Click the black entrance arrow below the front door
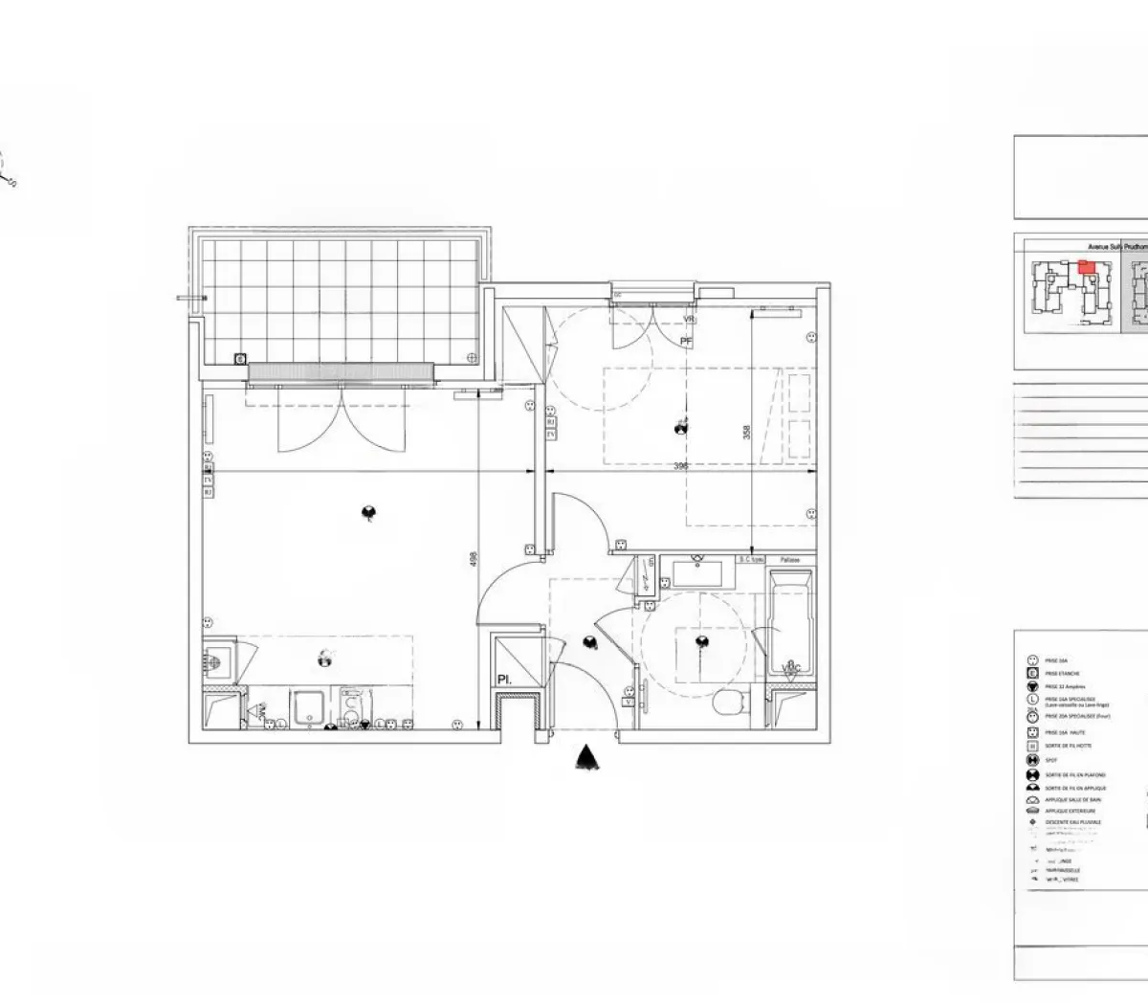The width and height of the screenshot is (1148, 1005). click(585, 758)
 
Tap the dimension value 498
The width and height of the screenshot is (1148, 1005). click(473, 560)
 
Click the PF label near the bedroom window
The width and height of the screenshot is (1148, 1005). click(686, 341)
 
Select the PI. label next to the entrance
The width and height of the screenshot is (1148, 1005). click(503, 681)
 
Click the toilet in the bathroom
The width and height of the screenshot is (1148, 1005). click(731, 703)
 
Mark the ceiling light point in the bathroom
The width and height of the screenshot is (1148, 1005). click(703, 641)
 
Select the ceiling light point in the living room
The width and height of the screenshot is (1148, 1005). click(368, 514)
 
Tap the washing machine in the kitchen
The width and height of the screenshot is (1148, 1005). click(351, 709)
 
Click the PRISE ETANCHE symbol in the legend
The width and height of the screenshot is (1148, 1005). click(1032, 674)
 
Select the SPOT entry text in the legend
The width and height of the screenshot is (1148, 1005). click(1051, 760)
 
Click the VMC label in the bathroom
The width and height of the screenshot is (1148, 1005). click(790, 667)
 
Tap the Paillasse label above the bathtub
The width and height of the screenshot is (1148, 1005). click(790, 559)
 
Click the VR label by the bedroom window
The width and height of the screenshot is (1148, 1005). click(687, 319)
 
